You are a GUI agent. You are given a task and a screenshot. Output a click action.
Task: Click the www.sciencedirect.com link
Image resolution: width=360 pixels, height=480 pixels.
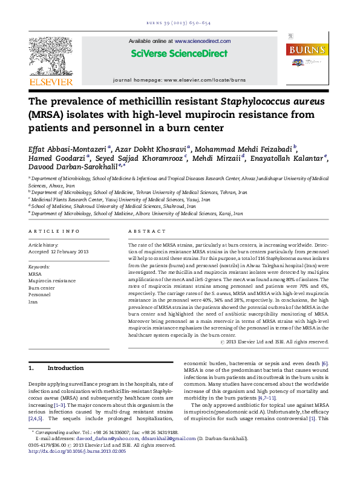click(203, 41)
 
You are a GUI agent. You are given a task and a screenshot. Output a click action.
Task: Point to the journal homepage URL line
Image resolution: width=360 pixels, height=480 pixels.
click(179, 80)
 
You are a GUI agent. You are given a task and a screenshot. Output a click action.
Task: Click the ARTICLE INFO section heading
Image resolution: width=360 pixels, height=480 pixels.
click(54, 232)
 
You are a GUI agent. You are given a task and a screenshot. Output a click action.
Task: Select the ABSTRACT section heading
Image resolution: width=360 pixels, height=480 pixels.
click(146, 232)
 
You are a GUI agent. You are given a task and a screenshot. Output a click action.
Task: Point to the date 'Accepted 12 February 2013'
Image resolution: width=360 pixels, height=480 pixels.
click(59, 251)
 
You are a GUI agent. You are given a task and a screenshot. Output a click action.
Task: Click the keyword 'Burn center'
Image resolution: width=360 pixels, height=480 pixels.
click(42, 288)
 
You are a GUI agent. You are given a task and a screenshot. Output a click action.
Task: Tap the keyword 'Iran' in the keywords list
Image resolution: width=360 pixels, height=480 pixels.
click(34, 301)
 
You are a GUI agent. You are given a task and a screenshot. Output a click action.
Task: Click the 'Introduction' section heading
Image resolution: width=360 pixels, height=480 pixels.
click(65, 368)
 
